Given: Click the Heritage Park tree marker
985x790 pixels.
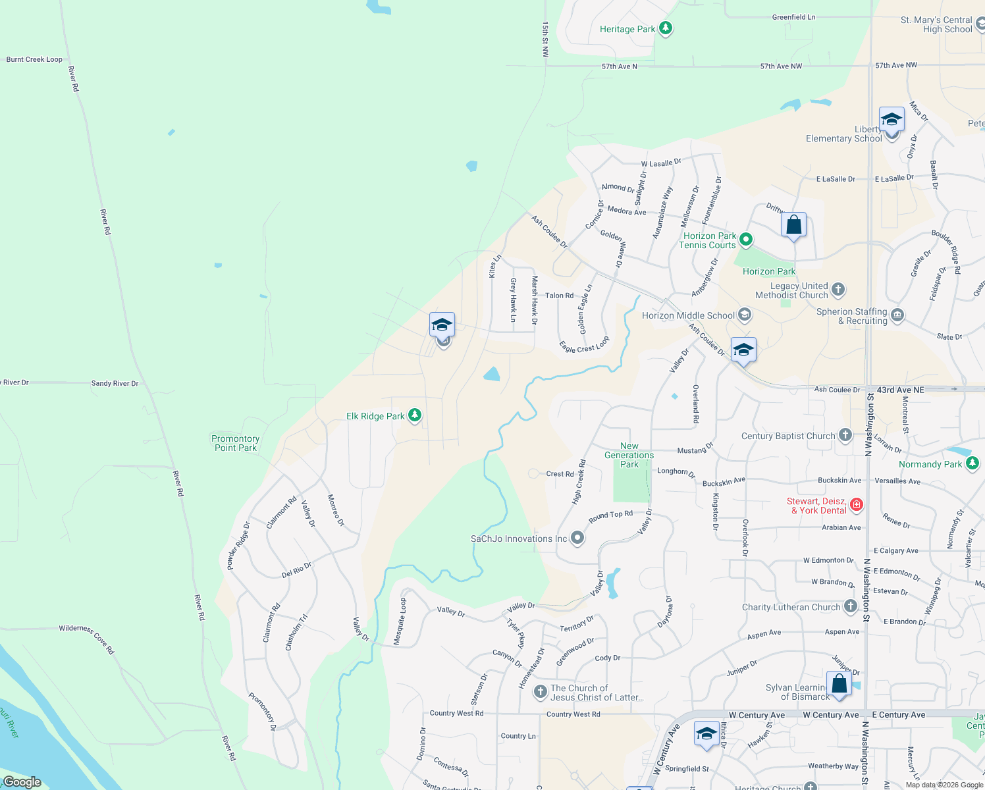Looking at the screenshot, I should click(666, 29).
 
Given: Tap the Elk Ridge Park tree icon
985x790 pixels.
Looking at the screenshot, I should click(415, 415).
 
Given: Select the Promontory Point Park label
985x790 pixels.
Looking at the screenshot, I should click(235, 443).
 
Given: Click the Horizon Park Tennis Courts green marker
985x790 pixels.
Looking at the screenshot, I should click(746, 240).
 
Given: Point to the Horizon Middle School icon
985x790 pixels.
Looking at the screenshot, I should click(745, 315).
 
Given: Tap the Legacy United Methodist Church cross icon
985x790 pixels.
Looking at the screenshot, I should click(838, 290).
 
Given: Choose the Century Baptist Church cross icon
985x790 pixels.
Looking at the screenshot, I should click(845, 435).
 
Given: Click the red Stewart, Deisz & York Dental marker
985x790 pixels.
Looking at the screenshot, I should click(857, 505).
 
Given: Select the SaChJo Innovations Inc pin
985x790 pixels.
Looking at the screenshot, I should click(577, 539).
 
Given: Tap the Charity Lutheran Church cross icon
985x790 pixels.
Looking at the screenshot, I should click(851, 607).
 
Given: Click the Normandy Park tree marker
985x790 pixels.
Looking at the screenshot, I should click(972, 464).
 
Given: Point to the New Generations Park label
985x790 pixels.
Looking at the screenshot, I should click(629, 455).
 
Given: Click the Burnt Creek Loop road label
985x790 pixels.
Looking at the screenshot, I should click(34, 59).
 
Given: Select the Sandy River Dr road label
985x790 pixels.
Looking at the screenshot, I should click(115, 383).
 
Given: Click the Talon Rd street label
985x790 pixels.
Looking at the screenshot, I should click(559, 296).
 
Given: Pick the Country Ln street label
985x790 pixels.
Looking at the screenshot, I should click(518, 736).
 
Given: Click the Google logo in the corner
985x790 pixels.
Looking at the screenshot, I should click(22, 781).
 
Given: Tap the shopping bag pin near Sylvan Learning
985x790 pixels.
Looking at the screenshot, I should click(839, 684).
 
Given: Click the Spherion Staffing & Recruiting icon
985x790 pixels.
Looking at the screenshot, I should click(897, 316).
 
